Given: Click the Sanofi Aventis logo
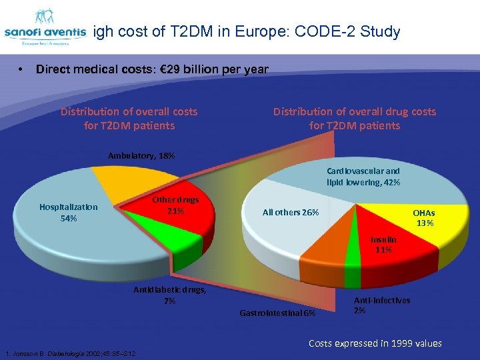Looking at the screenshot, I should tap(45, 27).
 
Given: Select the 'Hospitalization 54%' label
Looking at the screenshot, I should tap(68, 213).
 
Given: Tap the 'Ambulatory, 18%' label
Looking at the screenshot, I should tap(141, 155).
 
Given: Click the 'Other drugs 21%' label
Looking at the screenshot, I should tap(176, 205).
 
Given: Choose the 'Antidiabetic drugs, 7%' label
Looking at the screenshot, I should tap(170, 295).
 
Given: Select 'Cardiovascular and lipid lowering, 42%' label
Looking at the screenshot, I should tap(363, 176).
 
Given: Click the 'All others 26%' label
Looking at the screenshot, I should tap(291, 212).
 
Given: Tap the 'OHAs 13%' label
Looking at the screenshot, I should tap(425, 217).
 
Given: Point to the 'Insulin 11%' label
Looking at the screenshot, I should tap(383, 244).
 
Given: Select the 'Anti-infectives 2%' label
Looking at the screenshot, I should tap(381, 305).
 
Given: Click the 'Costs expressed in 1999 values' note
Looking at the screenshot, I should tap(375, 343).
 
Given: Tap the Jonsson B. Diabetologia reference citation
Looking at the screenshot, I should tap(70, 353).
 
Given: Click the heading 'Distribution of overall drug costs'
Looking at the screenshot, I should tap(354, 111).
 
